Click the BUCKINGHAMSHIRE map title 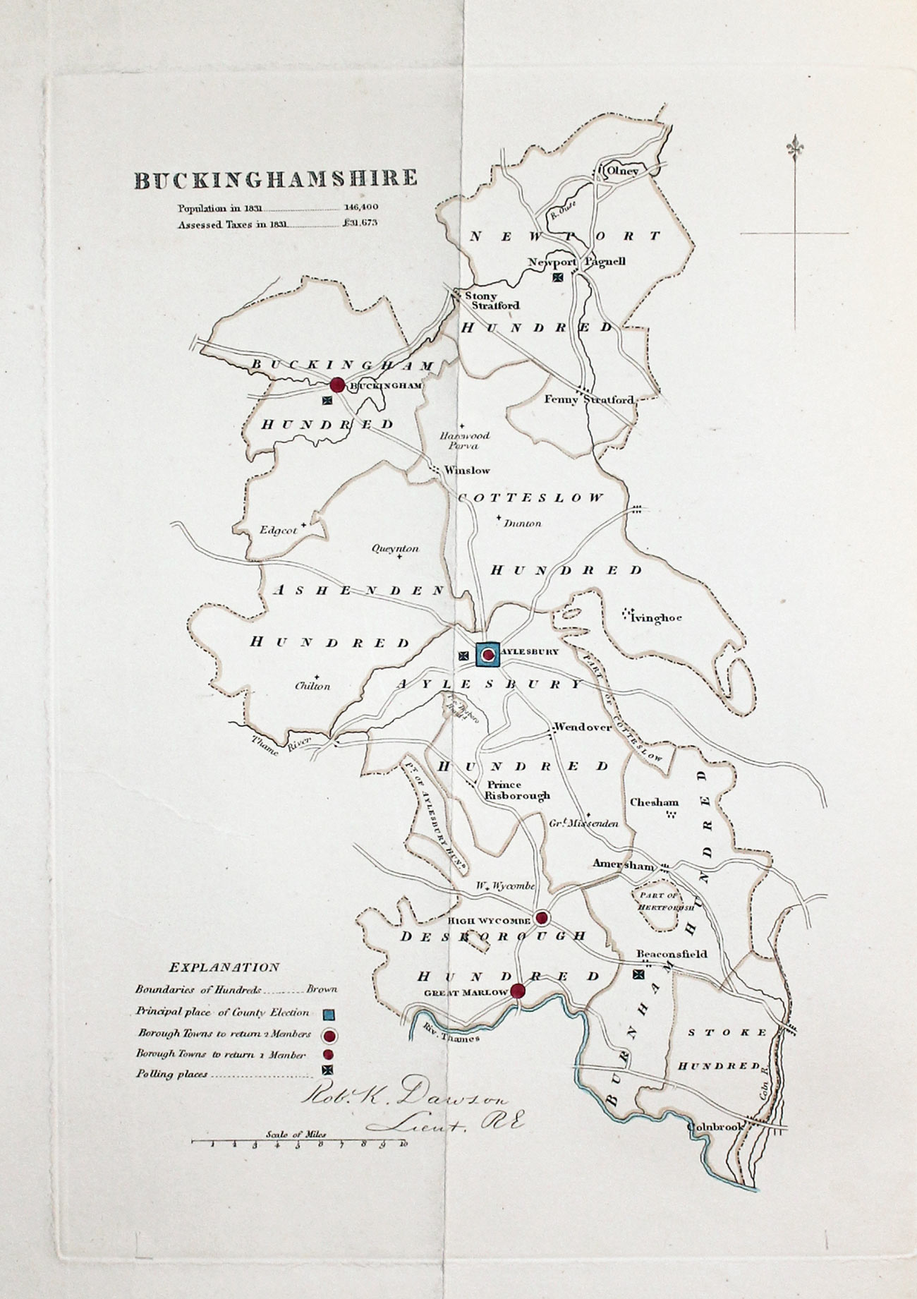click(x=276, y=179)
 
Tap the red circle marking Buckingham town click(x=337, y=385)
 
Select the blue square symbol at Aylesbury click(x=487, y=655)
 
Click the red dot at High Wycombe click(x=541, y=918)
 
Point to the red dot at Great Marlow click(x=518, y=991)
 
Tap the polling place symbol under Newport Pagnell click(x=558, y=277)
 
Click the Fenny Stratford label click(x=589, y=399)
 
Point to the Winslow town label click(x=466, y=470)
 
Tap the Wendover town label click(x=583, y=727)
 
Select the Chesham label click(x=654, y=802)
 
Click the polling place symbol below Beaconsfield click(x=638, y=974)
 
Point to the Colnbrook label click(x=716, y=1127)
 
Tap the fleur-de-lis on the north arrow click(x=795, y=147)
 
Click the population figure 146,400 click(x=361, y=208)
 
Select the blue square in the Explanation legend click(x=328, y=1015)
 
